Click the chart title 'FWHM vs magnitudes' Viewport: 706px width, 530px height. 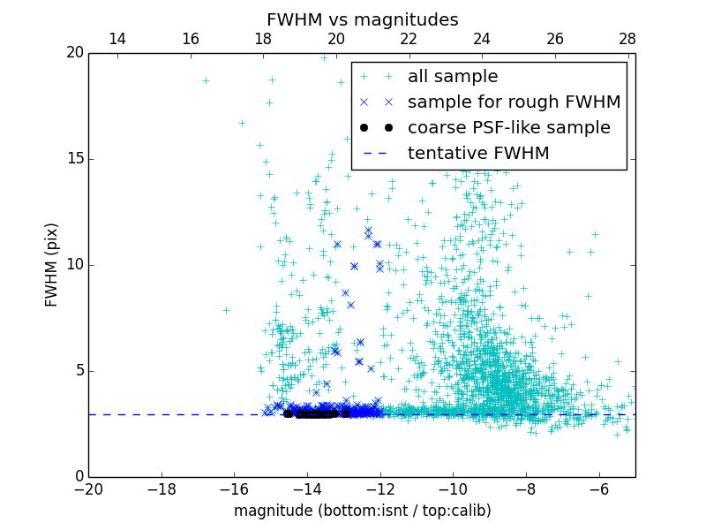click(362, 19)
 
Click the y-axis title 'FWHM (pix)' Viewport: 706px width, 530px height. click(52, 265)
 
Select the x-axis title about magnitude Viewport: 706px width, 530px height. click(362, 511)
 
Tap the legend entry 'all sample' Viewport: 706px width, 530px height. click(452, 77)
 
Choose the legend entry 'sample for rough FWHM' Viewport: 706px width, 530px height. click(514, 102)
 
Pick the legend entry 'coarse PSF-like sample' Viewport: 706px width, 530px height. click(508, 128)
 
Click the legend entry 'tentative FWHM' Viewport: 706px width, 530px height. click(477, 154)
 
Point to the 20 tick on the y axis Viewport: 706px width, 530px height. click(74, 53)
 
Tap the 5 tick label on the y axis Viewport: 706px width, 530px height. click(79, 371)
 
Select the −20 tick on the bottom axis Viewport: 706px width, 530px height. click(89, 488)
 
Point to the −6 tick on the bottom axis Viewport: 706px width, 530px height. click(599, 488)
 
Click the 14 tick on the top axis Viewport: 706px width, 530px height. click(116, 39)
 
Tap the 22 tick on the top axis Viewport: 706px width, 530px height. click(409, 39)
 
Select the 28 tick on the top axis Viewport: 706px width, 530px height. click(627, 39)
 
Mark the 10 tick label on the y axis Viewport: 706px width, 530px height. click(74, 265)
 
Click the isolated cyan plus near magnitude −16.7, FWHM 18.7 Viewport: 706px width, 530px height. click(206, 80)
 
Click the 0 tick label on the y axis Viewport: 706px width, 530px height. click(79, 477)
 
